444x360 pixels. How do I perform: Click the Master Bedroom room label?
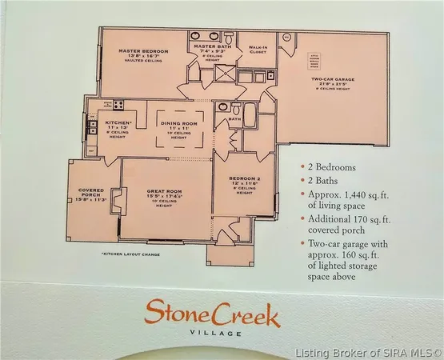tap(143, 52)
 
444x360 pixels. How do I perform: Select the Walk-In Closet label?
tap(257, 50)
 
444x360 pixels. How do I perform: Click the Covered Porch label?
tap(90, 193)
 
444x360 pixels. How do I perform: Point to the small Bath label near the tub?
tap(234, 119)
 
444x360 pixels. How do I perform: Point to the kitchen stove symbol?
tap(118, 103)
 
